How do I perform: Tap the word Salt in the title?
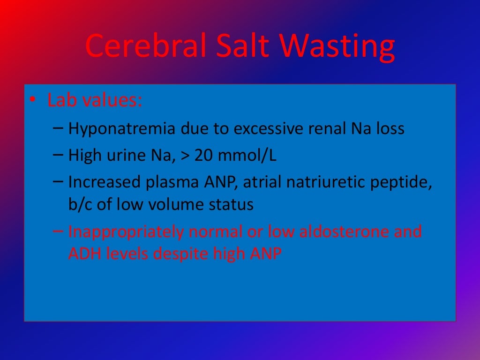[x=238, y=46]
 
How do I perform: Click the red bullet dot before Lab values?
[x=32, y=101]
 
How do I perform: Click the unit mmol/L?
[x=248, y=156]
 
